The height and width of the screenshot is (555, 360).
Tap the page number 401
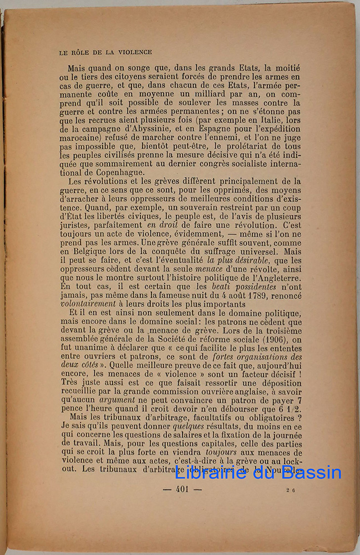click(182, 489)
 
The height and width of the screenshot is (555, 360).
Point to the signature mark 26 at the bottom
click(291, 490)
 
